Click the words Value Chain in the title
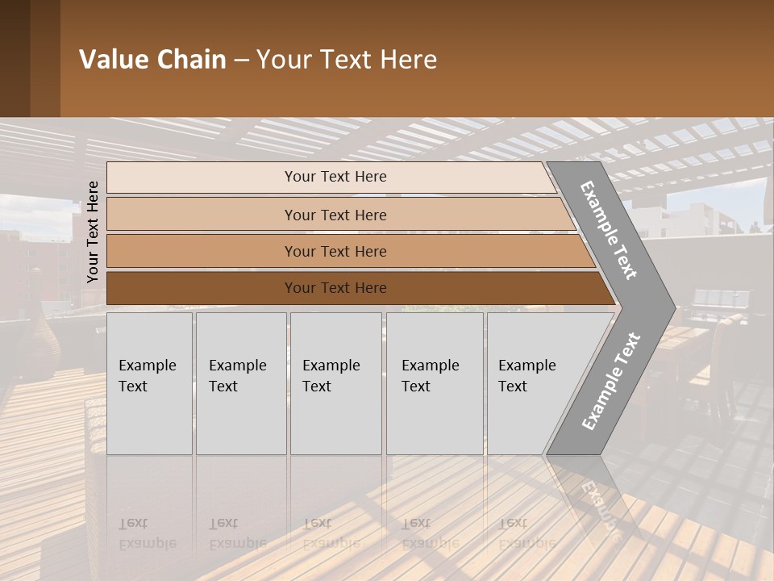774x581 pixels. coord(152,60)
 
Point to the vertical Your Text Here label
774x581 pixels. coord(93,232)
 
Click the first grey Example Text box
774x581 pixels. coord(149,383)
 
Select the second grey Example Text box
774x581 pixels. coord(241,383)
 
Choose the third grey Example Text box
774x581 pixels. coord(335,383)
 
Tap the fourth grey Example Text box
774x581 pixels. coord(435,383)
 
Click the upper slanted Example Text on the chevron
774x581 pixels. coord(609,230)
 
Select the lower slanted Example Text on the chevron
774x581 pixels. coord(610,382)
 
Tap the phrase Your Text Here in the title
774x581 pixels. coord(347,60)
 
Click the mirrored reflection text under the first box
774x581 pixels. coord(147,533)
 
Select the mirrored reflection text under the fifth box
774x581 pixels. coord(526,533)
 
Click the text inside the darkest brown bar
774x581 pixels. coord(335,288)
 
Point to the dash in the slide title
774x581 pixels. coord(241,60)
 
